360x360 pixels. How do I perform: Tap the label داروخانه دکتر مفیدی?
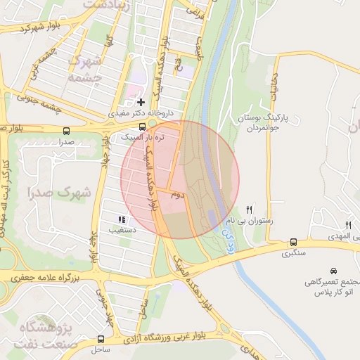click(x=146, y=113)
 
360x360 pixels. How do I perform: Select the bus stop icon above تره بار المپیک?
click(x=143, y=127)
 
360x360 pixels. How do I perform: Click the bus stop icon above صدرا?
click(x=66, y=131)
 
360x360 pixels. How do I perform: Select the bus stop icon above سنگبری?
click(x=293, y=243)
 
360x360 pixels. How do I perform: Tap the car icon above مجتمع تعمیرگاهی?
click(x=333, y=271)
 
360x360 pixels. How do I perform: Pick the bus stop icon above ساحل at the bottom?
click(x=101, y=339)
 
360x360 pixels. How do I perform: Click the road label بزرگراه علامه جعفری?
click(x=53, y=278)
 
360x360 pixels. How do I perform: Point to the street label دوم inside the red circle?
click(x=177, y=195)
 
